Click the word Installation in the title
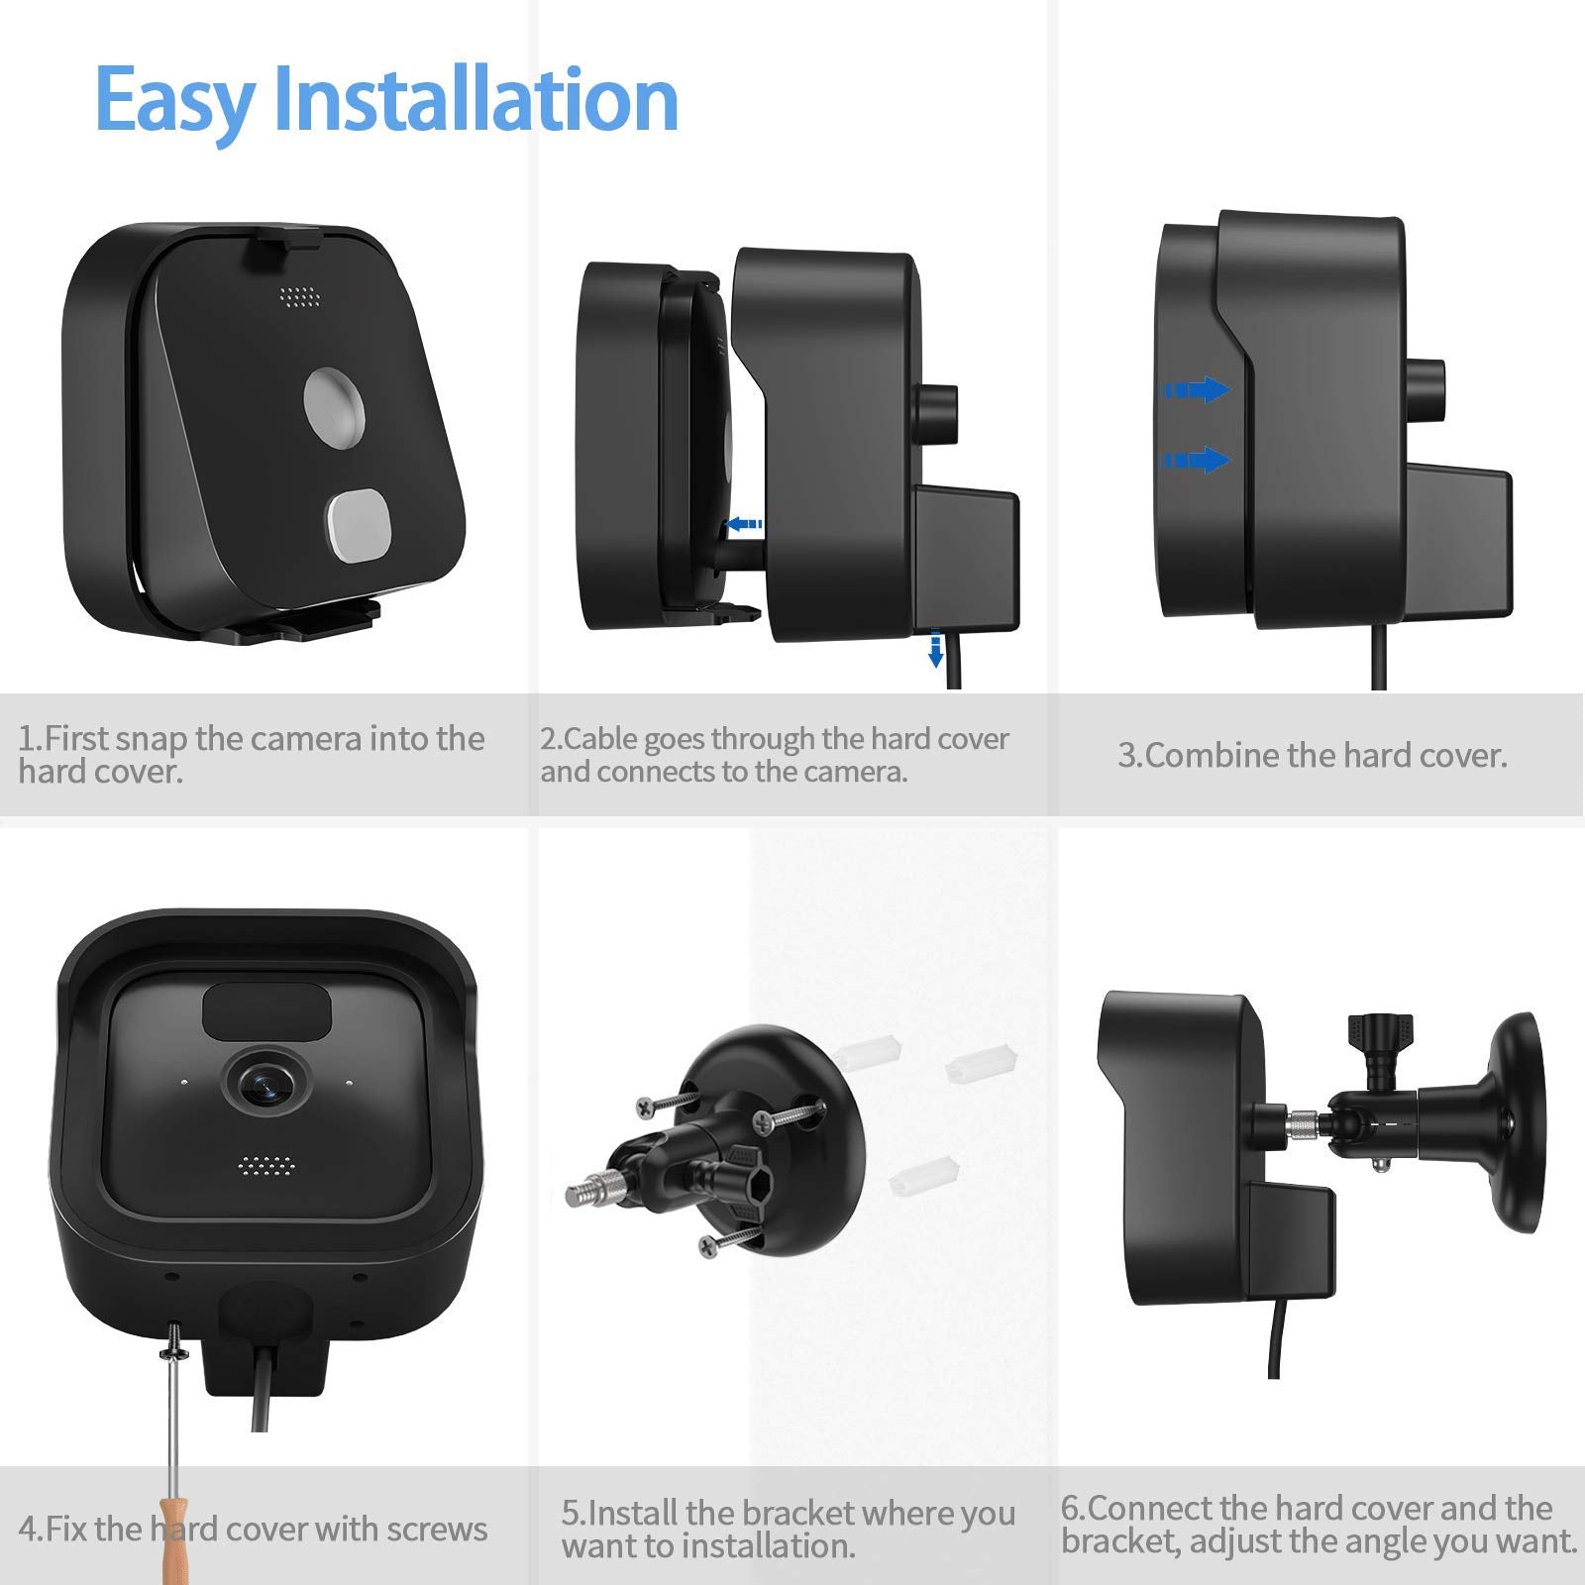click(475, 99)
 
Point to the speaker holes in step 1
click(300, 295)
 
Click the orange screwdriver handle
click(174, 1535)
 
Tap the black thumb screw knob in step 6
click(1376, 1038)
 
